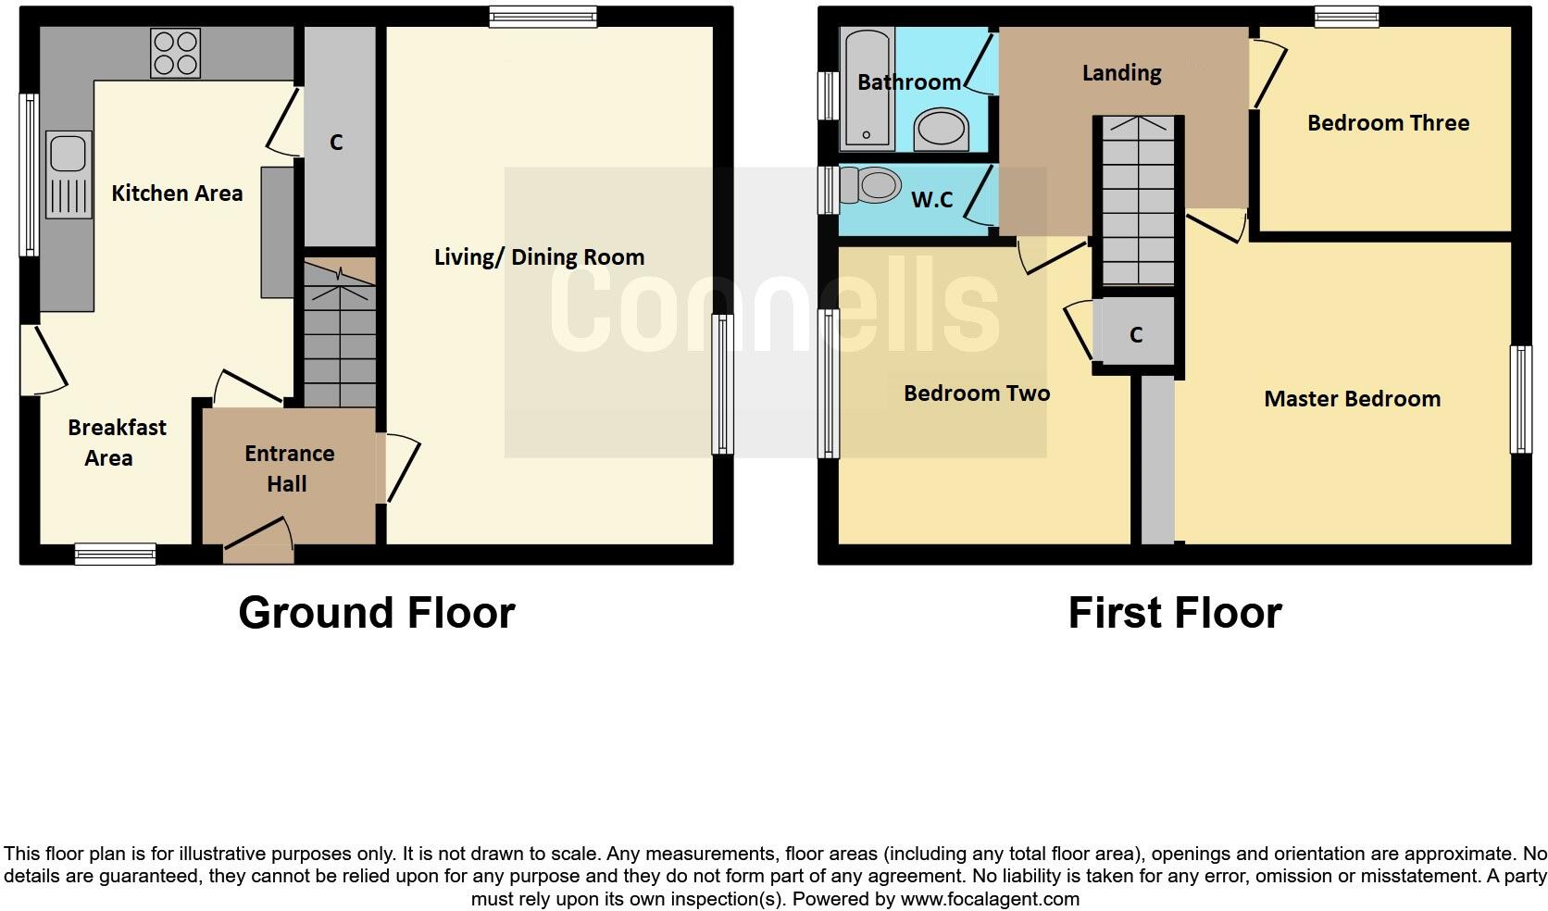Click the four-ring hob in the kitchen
pos(176,53)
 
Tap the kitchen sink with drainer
pos(69,175)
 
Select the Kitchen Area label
pos(177,193)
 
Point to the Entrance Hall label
pos(289,468)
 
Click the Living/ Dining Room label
pos(539,257)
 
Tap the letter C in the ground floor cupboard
pos(336,143)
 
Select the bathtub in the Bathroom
pos(867,90)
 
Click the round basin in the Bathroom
pos(941,130)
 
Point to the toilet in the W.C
pos(870,186)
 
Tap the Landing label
pos(1121,73)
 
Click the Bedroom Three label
pos(1387,123)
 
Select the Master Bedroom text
pos(1352,399)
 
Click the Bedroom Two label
pos(976,393)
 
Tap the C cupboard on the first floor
pos(1136,334)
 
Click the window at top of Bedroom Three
pos(1346,16)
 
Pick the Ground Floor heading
pos(376,613)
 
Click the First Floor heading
pos(1174,613)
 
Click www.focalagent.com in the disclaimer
pos(989,899)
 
